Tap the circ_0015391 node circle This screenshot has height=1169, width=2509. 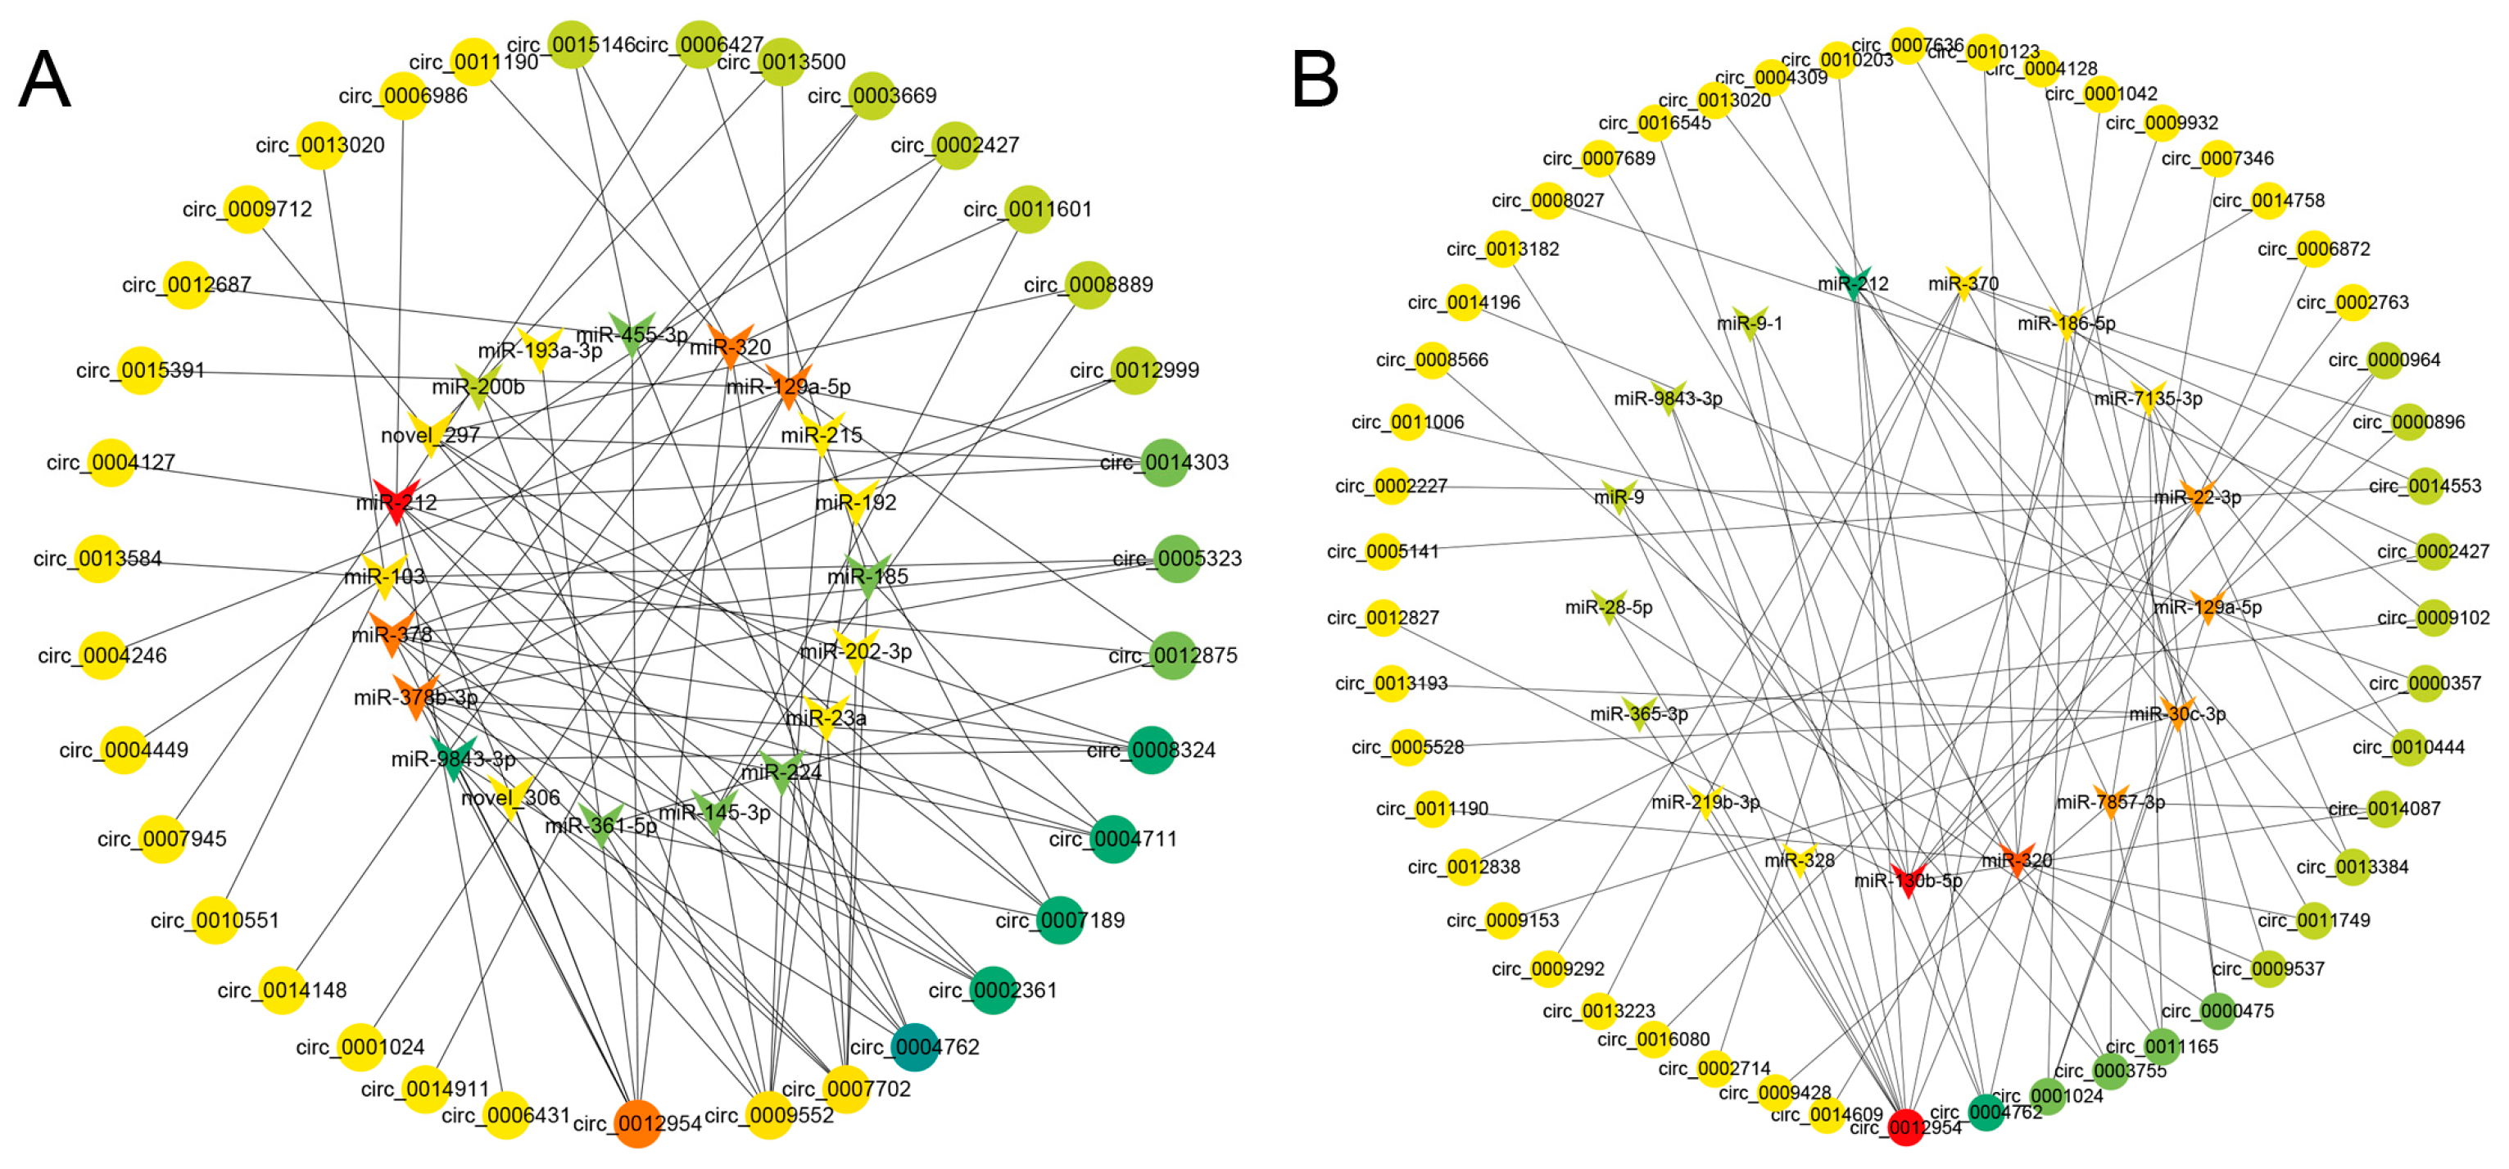click(140, 370)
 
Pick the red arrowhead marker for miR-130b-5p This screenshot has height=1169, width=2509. click(1908, 880)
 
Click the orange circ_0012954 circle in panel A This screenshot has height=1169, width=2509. click(637, 1123)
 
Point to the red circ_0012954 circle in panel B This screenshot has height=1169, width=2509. click(1906, 1127)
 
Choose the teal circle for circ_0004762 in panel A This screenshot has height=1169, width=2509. click(915, 1047)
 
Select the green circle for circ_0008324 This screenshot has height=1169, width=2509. click(1150, 750)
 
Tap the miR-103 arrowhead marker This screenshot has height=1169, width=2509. click(385, 576)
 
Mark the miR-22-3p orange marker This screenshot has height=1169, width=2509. click(2198, 496)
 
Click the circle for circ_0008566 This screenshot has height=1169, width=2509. click(1433, 360)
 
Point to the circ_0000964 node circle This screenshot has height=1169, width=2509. click(2384, 360)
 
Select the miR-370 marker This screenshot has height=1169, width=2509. click(1963, 283)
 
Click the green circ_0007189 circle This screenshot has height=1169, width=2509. click(1059, 921)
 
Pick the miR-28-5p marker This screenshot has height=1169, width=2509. click(1608, 606)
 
